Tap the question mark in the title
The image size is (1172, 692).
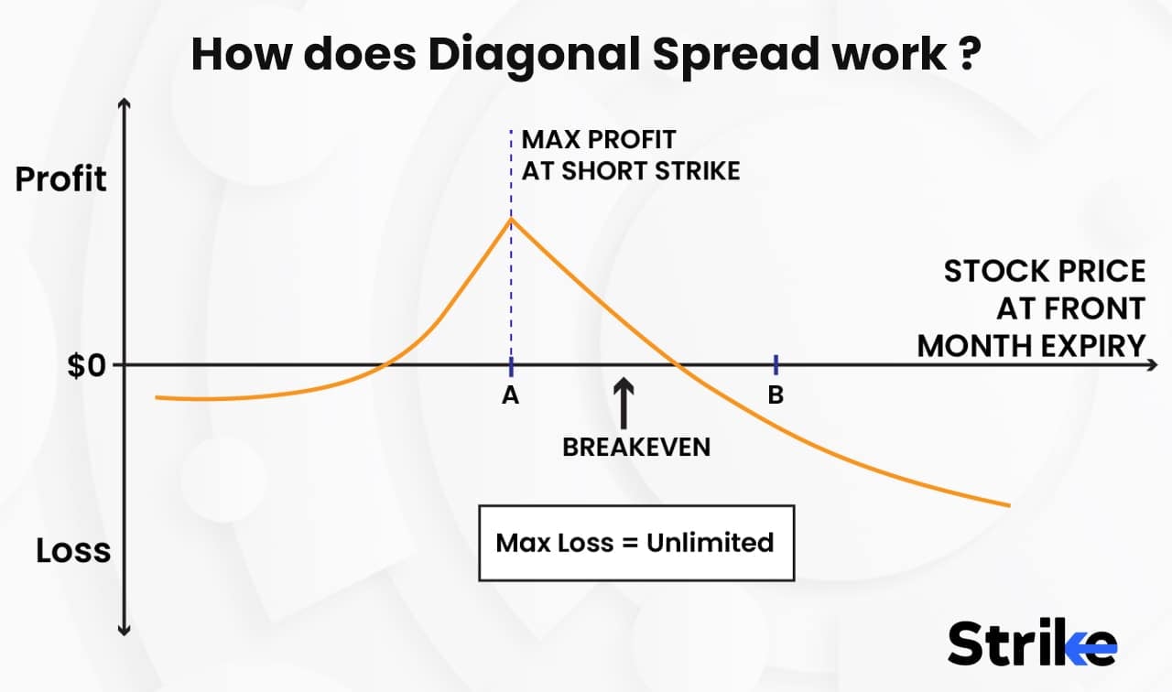click(x=969, y=55)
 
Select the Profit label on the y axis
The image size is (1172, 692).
click(x=61, y=178)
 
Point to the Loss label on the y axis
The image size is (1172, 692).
click(x=73, y=551)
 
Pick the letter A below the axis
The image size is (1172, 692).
click(x=511, y=396)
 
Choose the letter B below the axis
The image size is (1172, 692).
click(x=776, y=396)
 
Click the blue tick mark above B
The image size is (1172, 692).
click(x=776, y=364)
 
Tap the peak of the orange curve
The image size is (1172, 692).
click(x=511, y=219)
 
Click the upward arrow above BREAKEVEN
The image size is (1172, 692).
click(x=623, y=403)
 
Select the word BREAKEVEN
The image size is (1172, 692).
click(x=636, y=447)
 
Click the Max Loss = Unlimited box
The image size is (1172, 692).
click(x=635, y=542)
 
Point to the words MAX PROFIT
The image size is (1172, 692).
click(x=598, y=140)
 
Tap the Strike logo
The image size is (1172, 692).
click(x=1032, y=643)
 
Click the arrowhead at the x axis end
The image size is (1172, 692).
click(x=1151, y=365)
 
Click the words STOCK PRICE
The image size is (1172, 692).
click(x=1045, y=272)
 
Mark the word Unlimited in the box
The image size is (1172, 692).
click(x=710, y=542)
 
